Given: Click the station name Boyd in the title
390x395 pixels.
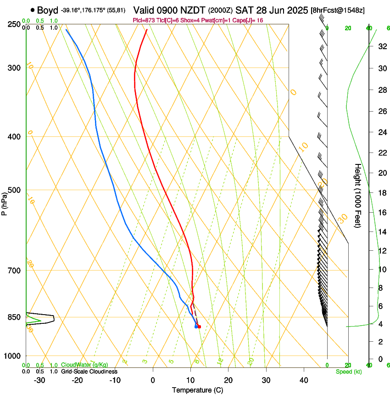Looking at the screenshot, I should (48, 10).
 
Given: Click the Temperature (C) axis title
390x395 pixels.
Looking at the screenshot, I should (197, 390).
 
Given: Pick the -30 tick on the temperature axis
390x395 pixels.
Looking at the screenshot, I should (39, 380).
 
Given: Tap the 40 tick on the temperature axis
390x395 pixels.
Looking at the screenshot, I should (303, 380).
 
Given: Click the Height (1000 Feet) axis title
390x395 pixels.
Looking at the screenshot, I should (358, 195).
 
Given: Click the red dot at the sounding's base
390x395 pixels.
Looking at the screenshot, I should (199, 327).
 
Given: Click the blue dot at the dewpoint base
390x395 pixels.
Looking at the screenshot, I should (196, 327).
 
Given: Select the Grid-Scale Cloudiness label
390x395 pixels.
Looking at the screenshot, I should (89, 372).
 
